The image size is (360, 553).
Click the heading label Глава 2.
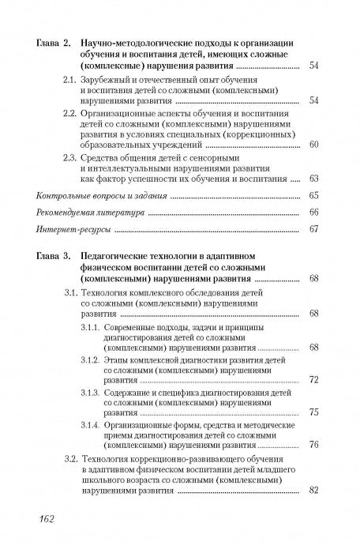55,40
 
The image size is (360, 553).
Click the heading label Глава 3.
55,256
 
